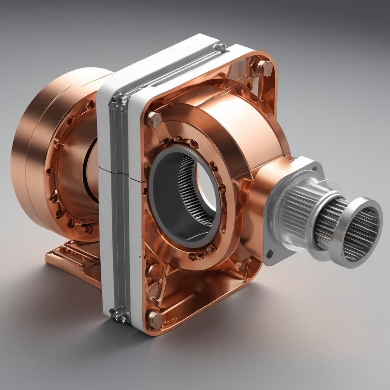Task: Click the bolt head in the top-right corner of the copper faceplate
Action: (264, 69)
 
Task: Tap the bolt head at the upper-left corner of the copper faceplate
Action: (154, 119)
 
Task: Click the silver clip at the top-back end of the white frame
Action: (219, 47)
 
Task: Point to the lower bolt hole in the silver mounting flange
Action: (270, 253)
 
